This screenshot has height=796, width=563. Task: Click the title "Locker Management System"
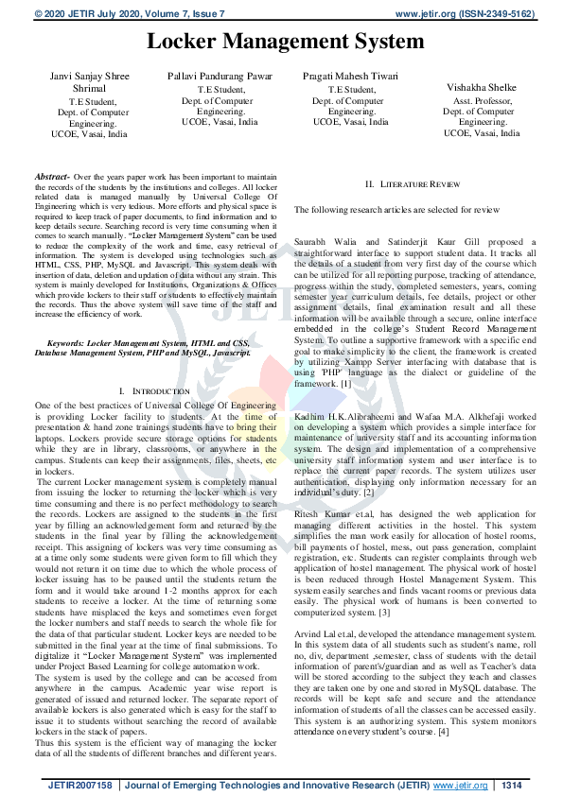coord(285,42)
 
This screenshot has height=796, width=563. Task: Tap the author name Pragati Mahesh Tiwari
coord(350,76)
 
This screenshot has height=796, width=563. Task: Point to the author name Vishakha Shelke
coord(481,85)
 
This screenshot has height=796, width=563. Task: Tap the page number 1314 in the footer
coord(511,785)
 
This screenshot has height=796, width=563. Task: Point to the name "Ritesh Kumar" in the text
coord(320,512)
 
